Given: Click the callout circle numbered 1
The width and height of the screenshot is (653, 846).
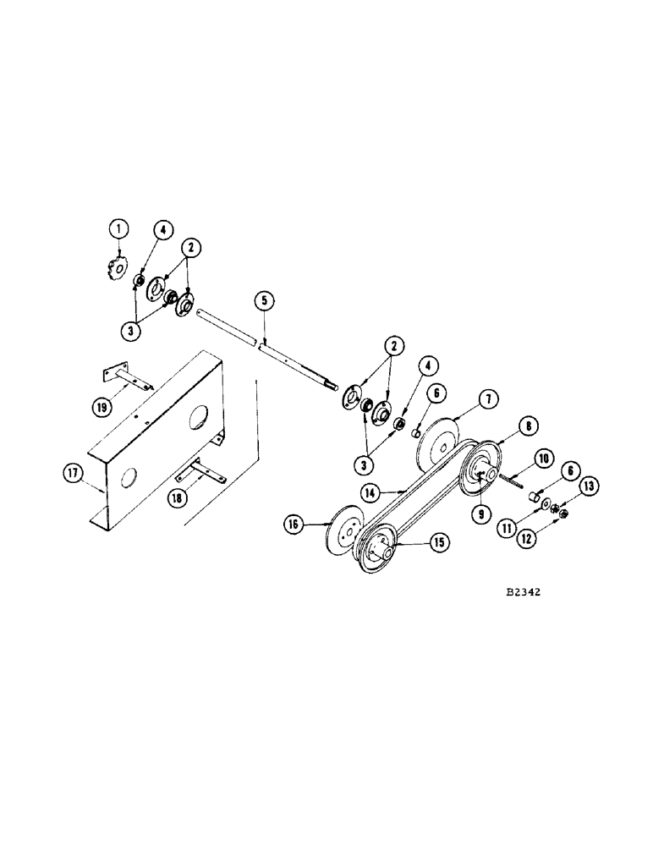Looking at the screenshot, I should click(x=120, y=228).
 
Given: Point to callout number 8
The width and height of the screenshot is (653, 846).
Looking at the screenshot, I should click(x=525, y=428).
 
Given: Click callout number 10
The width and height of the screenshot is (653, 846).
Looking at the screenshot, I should click(x=543, y=458).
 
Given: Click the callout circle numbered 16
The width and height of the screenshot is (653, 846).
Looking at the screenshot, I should click(x=294, y=525).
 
